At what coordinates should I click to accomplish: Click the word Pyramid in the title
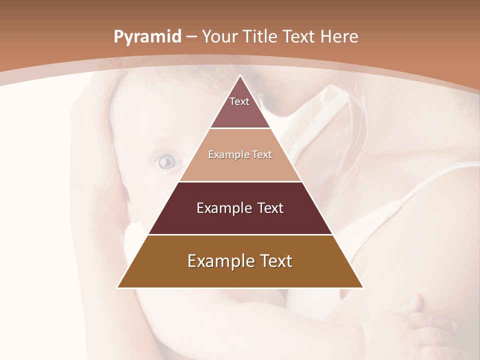[x=147, y=37]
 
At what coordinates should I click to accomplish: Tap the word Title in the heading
[x=260, y=36]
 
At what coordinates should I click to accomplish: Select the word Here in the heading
[x=339, y=36]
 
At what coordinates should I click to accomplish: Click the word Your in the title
[x=221, y=36]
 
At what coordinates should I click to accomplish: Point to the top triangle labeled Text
[x=240, y=107]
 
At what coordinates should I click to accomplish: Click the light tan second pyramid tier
[x=240, y=165]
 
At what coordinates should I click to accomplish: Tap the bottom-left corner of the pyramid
[x=118, y=287]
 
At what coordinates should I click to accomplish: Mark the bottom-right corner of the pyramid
[x=363, y=287]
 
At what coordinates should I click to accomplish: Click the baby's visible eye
[x=167, y=161]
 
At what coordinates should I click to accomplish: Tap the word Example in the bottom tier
[x=216, y=261]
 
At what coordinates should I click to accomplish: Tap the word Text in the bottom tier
[x=273, y=261]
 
